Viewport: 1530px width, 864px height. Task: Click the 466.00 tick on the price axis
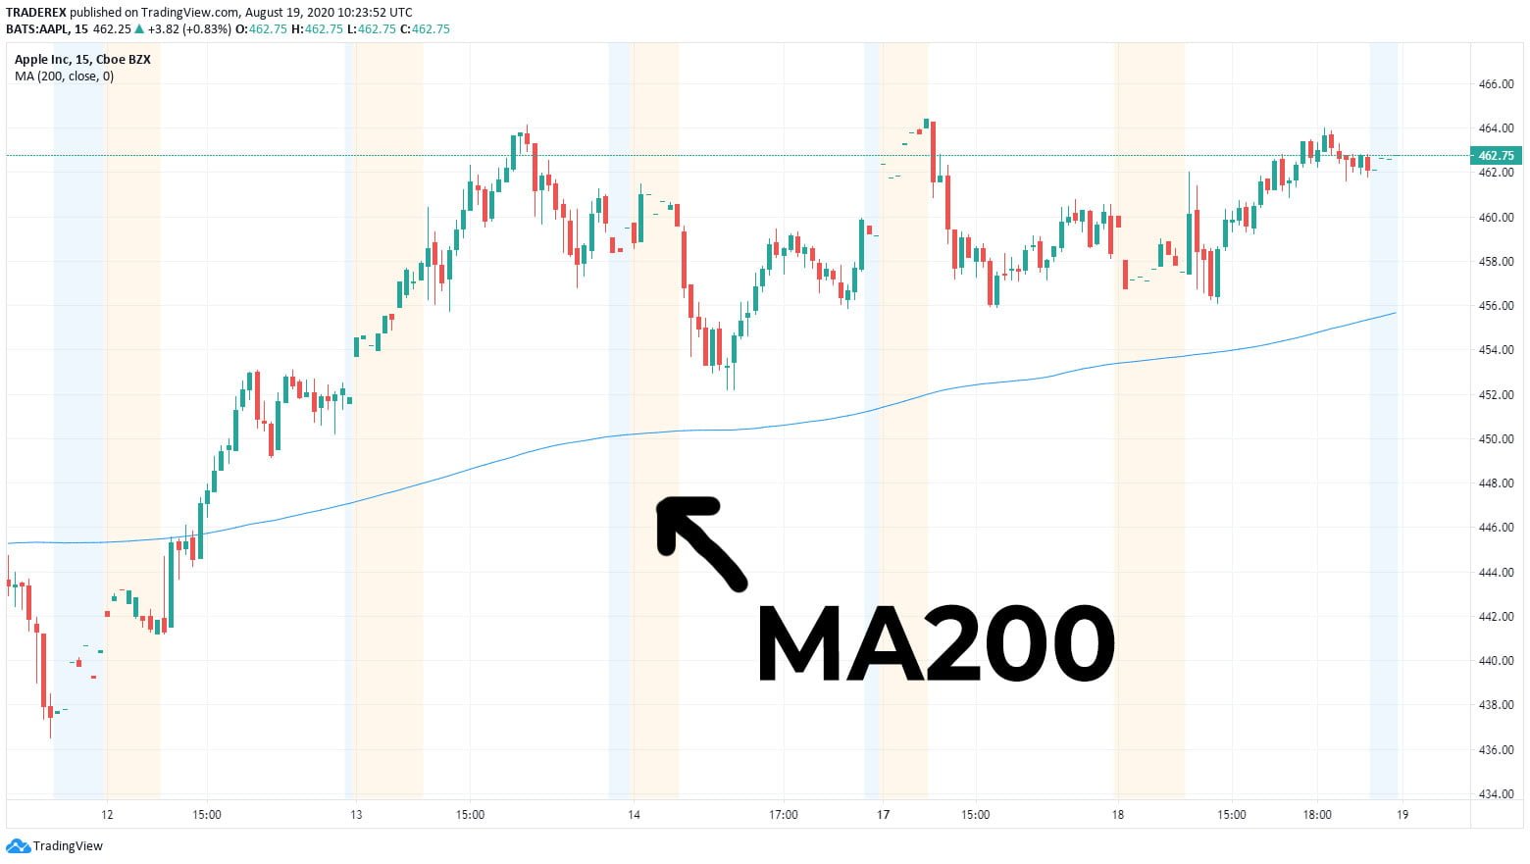point(1495,84)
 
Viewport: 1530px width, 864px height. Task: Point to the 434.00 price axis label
point(1495,793)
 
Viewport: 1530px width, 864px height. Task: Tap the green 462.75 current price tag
point(1495,156)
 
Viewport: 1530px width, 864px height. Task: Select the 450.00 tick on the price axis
point(1495,438)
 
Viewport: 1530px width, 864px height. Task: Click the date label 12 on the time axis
point(107,814)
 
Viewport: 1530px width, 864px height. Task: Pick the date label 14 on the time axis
point(634,814)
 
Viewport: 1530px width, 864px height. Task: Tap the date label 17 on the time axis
point(883,814)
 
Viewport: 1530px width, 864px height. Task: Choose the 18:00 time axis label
point(1316,814)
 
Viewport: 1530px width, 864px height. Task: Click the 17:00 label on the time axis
point(783,814)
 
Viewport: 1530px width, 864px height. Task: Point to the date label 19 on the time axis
point(1402,814)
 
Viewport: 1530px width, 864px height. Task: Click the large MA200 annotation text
point(936,644)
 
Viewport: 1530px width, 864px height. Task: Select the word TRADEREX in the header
point(36,12)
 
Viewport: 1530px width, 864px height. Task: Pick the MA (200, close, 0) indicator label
point(64,76)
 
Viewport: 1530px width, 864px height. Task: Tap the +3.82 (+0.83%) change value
point(186,28)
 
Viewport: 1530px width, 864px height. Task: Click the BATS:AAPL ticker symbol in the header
point(45,28)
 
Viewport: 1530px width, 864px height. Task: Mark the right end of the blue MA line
point(1394,313)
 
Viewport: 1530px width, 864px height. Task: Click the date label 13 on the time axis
point(356,814)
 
